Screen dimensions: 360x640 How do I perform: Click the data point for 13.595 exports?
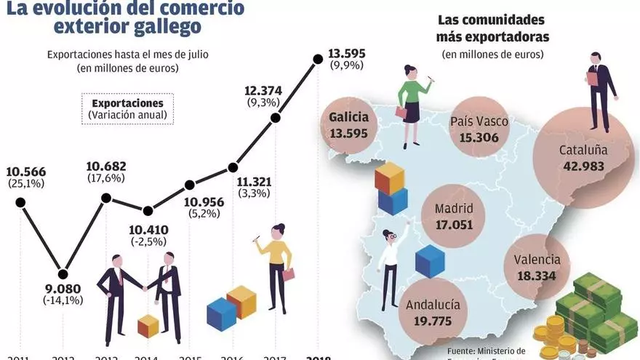click(317, 59)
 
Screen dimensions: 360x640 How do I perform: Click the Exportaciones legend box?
click(127, 108)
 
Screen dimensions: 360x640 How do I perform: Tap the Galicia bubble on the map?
click(349, 125)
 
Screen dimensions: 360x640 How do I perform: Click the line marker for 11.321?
click(233, 167)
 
